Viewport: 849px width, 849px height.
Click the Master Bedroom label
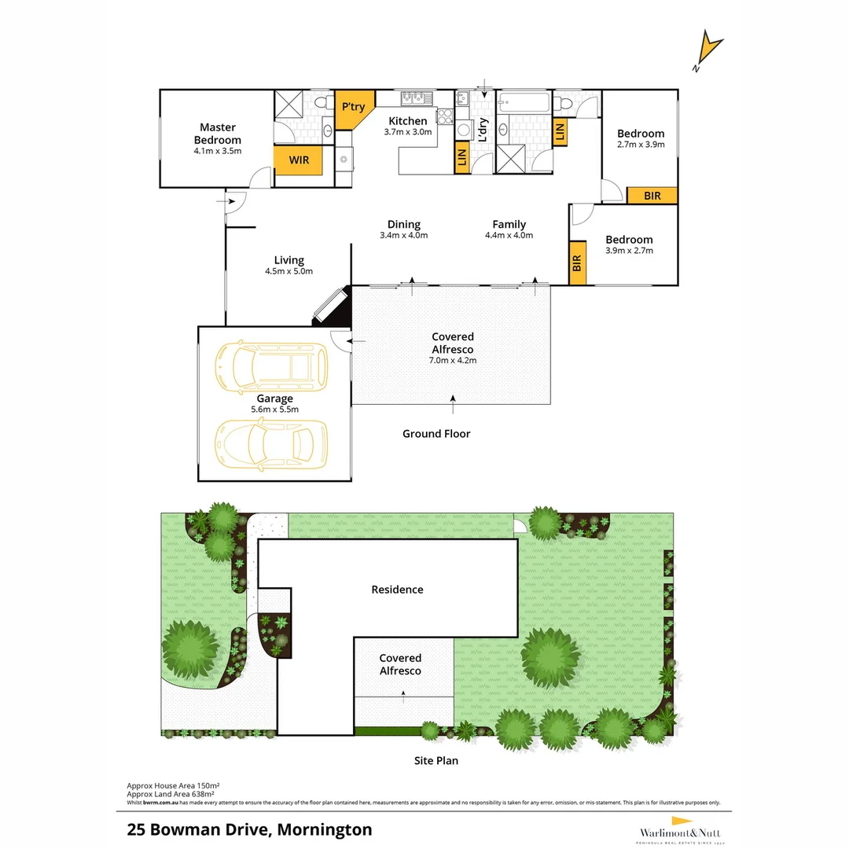218,133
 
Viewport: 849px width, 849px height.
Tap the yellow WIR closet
299,160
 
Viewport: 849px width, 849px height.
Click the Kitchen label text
408,121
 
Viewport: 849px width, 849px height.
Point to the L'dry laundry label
483,129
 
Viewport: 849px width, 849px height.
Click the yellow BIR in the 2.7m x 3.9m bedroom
652,196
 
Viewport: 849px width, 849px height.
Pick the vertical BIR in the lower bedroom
577,262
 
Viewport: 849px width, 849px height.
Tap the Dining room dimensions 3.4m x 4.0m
403,235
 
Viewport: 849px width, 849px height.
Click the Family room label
509,225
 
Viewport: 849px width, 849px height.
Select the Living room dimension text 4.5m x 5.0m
289,271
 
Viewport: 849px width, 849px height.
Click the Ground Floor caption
436,433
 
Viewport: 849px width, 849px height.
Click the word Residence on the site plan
397,590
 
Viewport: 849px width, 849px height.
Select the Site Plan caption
436,760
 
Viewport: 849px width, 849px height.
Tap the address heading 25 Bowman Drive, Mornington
249,829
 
